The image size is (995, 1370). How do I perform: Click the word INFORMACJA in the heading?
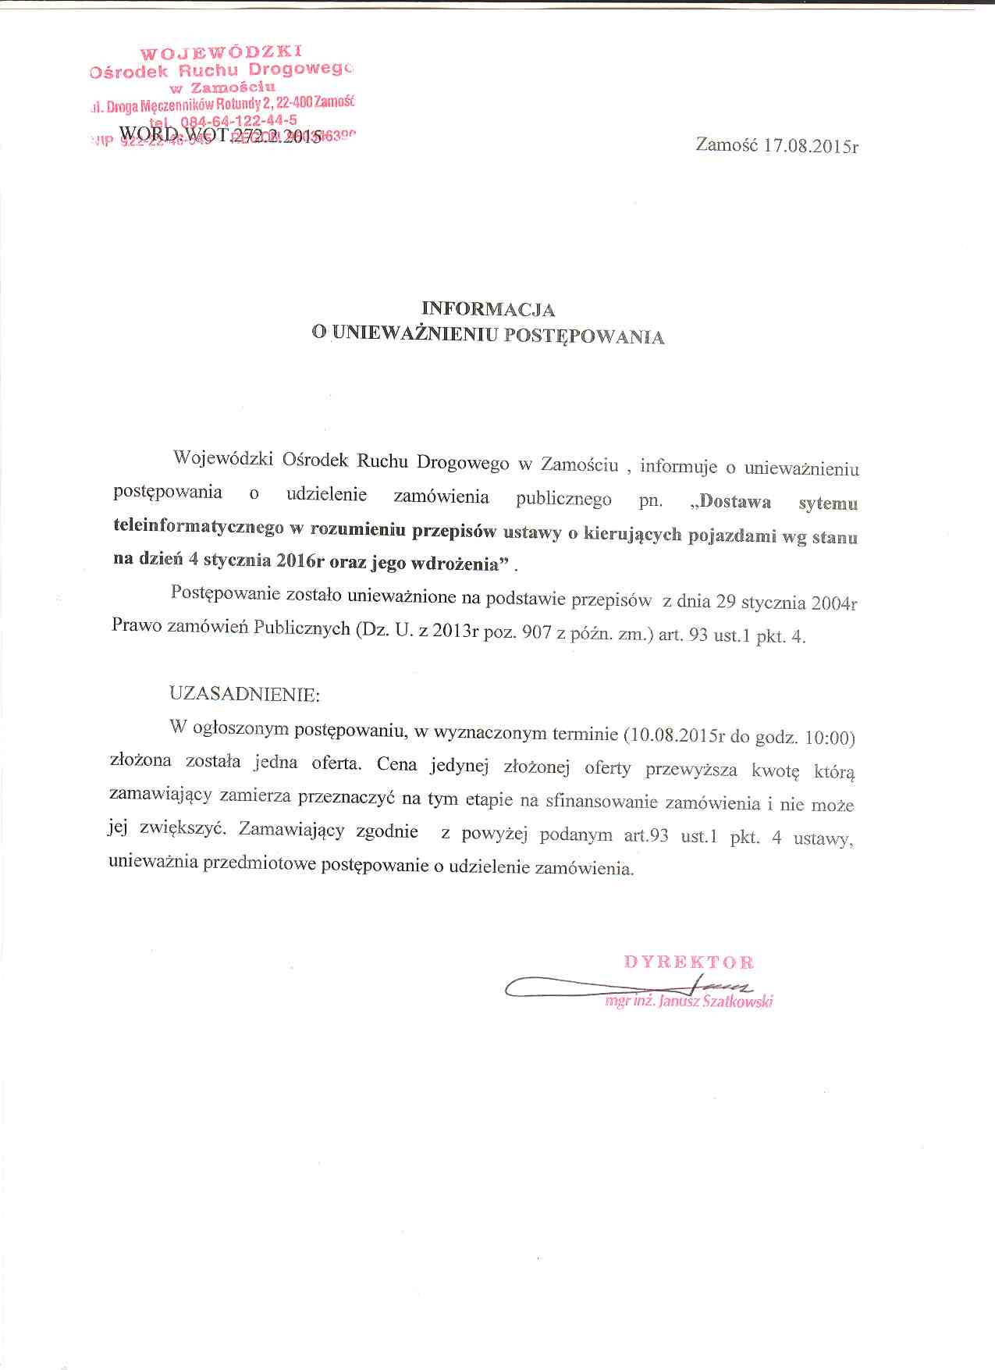pos(488,309)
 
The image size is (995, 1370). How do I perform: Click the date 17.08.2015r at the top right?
pos(811,146)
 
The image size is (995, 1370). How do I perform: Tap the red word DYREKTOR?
pos(688,962)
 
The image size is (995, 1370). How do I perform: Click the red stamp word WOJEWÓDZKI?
pos(220,53)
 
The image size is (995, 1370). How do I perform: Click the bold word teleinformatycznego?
pos(198,528)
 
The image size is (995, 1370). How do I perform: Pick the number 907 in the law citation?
pos(538,633)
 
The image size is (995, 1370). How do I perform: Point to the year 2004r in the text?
pos(833,603)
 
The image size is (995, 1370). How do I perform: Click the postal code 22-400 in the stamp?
pos(291,102)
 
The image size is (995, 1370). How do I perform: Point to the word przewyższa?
pos(691,770)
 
